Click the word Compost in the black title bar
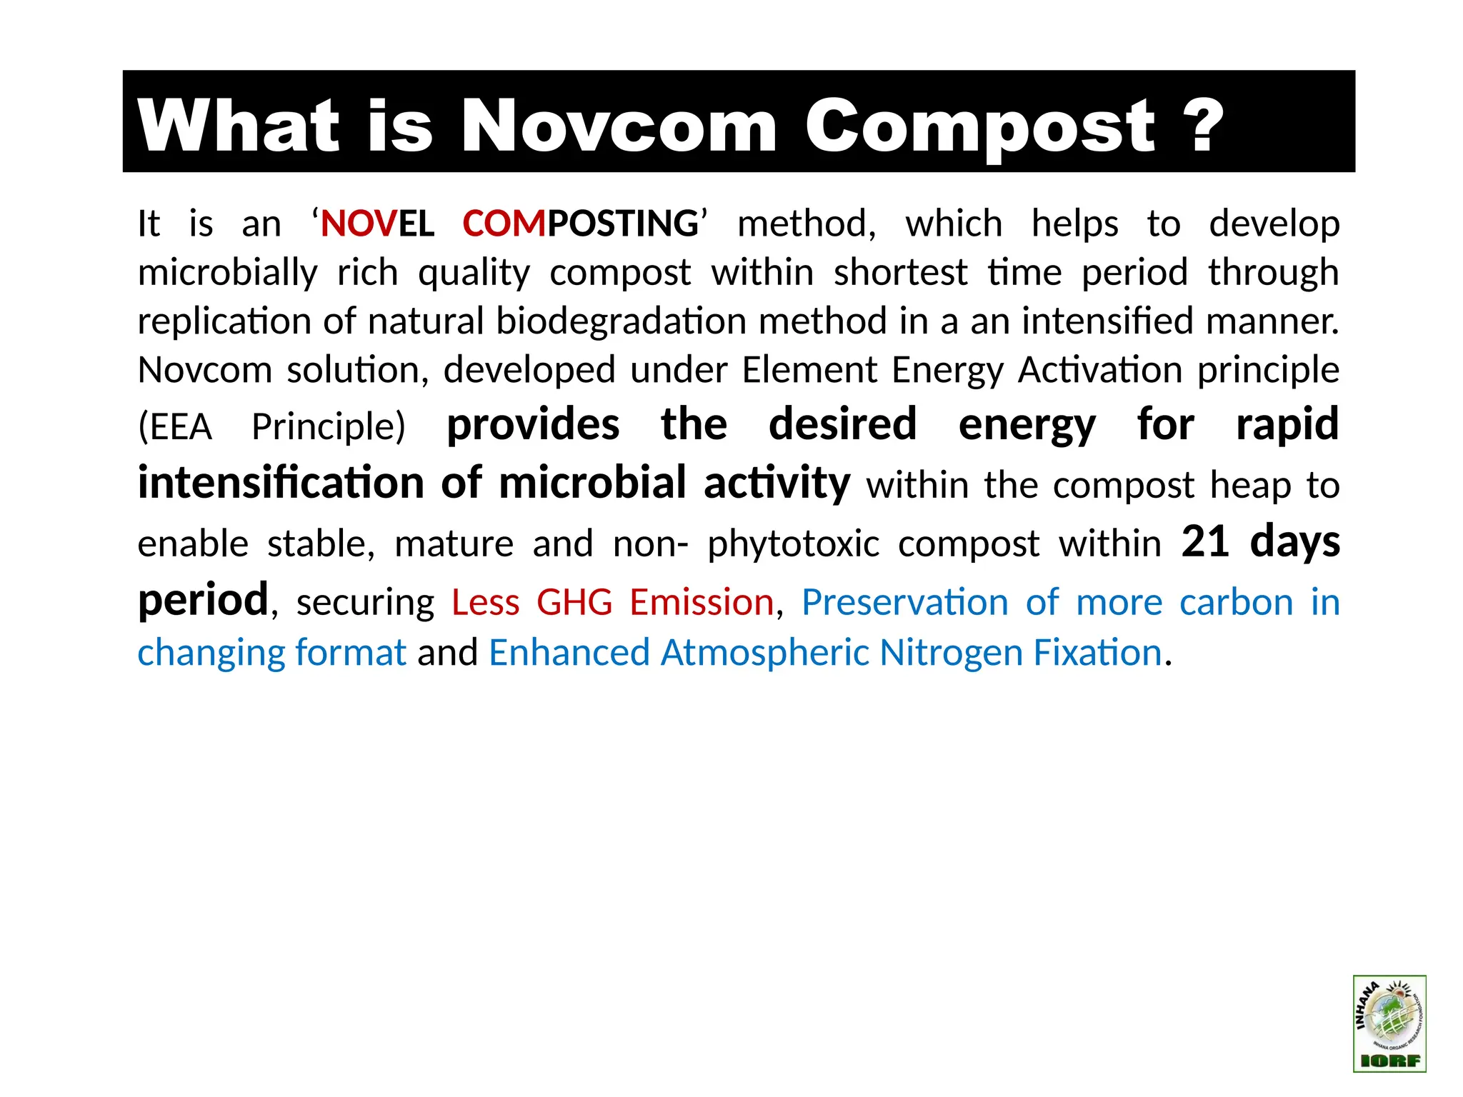coord(979,127)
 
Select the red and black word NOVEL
coord(377,224)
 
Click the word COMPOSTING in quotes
coord(580,224)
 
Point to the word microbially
coord(227,274)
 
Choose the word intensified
coord(1107,321)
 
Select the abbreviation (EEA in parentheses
coord(175,427)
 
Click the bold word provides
coord(533,425)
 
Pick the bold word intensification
coord(281,484)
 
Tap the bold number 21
coord(1204,541)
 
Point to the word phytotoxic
coord(793,544)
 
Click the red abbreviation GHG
coord(574,602)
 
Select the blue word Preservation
coord(904,602)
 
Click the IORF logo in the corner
coord(1389,1023)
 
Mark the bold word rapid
coord(1287,425)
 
